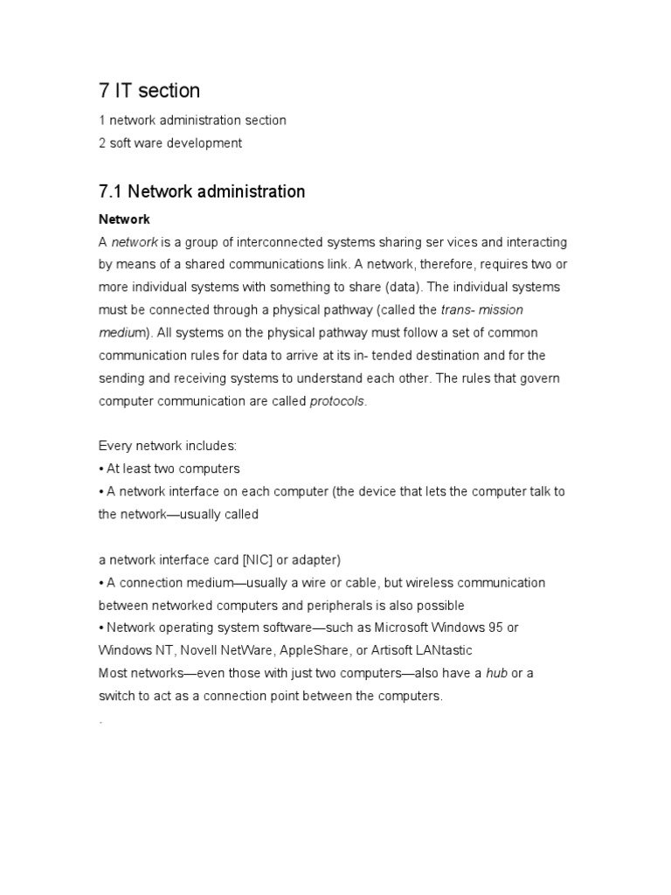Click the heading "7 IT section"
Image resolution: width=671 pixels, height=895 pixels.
[x=149, y=90]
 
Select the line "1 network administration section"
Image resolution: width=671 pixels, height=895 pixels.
[x=192, y=120]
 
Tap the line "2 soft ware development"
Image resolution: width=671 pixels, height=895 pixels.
[x=170, y=142]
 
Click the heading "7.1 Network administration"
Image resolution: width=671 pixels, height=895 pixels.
[x=202, y=191]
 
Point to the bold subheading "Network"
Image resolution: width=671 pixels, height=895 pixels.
[x=124, y=219]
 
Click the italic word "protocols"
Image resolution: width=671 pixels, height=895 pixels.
[x=337, y=400]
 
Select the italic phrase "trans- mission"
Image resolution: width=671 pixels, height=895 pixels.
[x=482, y=309]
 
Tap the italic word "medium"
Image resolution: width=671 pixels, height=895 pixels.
[x=122, y=332]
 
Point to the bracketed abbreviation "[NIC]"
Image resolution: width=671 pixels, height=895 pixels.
[x=253, y=559]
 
